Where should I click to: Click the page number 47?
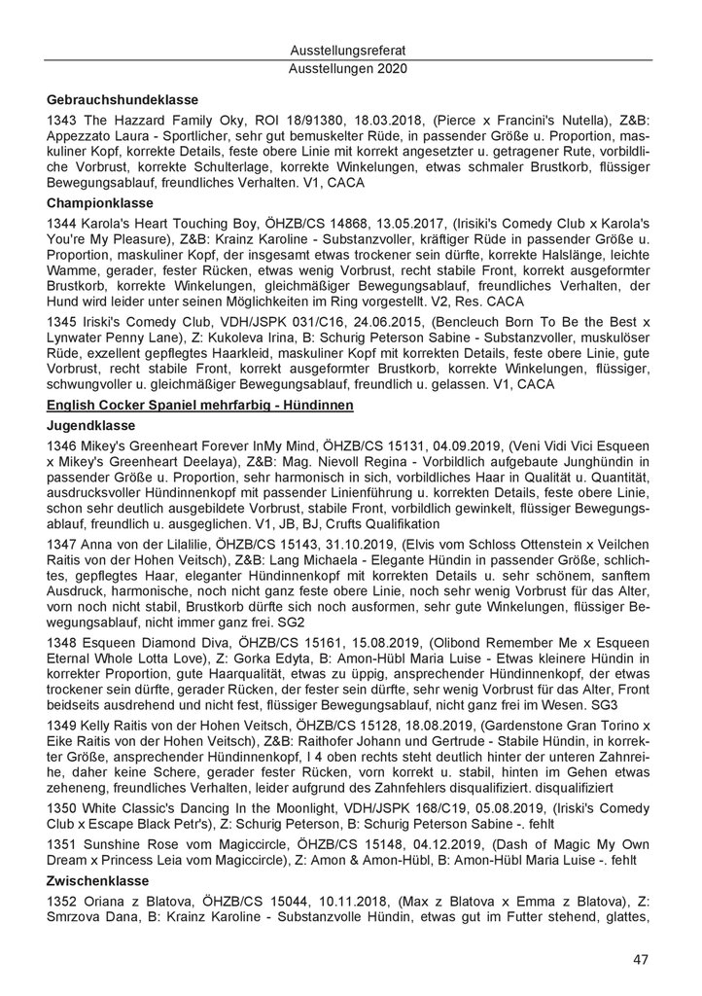tap(640, 959)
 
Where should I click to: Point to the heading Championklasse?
tap(99, 204)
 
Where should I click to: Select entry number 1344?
tap(61, 224)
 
